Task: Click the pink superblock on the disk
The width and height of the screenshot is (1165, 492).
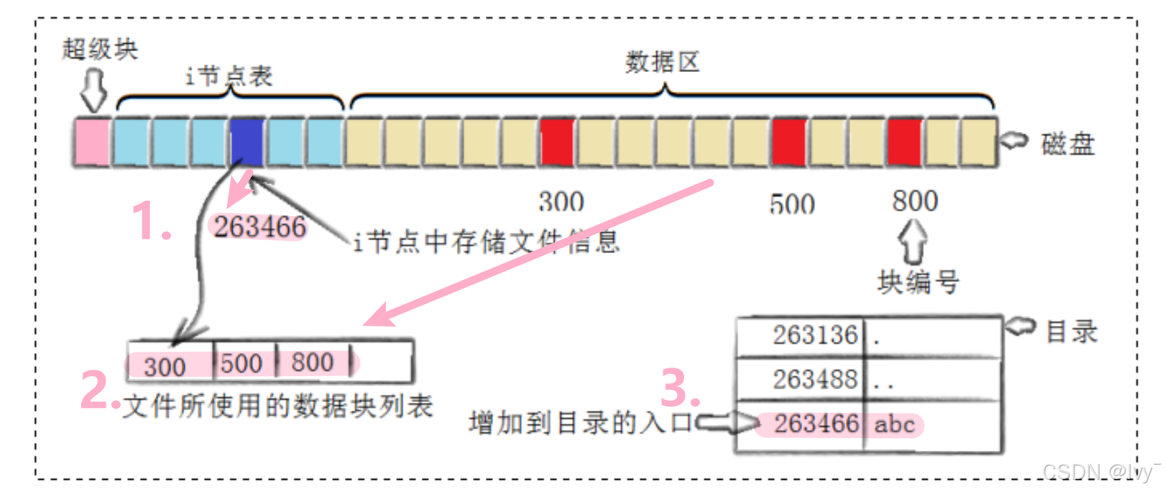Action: (92, 142)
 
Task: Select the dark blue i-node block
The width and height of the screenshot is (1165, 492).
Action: (247, 142)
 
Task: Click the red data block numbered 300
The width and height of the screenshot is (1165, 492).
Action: (557, 142)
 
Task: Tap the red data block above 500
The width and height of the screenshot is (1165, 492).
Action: (789, 142)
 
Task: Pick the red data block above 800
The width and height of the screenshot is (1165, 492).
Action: (904, 142)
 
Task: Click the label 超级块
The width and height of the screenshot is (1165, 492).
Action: (100, 50)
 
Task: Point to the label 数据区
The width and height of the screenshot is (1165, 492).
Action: (662, 63)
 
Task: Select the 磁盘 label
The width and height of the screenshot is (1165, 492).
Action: (1068, 144)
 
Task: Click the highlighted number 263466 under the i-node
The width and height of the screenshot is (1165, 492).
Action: (259, 227)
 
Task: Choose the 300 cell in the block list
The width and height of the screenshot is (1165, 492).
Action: (165, 366)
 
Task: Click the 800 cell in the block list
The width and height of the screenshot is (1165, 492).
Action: (313, 362)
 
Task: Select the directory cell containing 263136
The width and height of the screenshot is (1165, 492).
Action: (815, 335)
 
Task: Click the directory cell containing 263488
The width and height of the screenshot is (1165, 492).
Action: (815, 379)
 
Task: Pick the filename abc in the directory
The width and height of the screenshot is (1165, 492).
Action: (894, 424)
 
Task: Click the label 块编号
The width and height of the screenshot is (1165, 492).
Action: (918, 282)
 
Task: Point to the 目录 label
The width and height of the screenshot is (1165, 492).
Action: (1071, 332)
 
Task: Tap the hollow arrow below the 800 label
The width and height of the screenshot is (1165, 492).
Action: (913, 241)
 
